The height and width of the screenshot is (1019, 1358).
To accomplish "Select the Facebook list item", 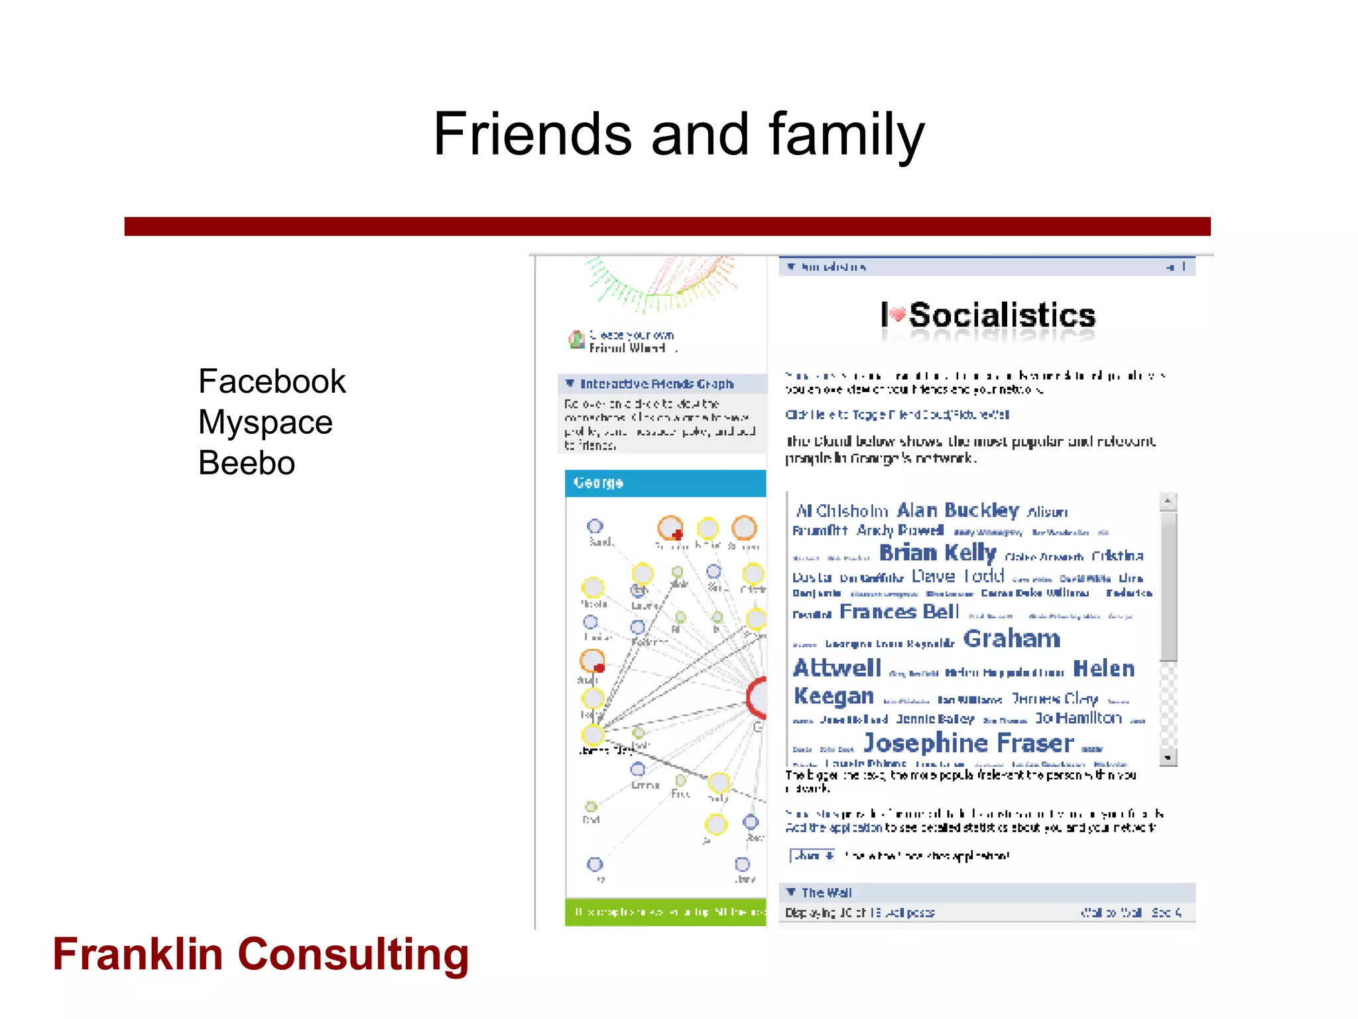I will point(272,381).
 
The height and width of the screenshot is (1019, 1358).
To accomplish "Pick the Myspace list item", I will point(265,423).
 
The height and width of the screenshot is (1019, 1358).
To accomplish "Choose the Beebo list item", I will point(247,463).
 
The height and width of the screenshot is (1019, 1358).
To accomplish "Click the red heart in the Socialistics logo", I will point(897,314).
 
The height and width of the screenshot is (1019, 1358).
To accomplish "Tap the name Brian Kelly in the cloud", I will point(937,553).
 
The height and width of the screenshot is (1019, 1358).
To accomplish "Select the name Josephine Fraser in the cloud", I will point(968,743).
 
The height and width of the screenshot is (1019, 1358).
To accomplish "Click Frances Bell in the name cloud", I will point(898,612).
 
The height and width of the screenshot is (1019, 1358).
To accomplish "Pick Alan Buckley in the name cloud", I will point(957,510).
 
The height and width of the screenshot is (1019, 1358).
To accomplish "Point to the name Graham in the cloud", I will point(1011,639).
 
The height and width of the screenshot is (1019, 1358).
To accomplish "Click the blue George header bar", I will point(664,483).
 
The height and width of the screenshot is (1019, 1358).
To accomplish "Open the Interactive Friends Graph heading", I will point(656,384).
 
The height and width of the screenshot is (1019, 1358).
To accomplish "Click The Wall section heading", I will point(826,892).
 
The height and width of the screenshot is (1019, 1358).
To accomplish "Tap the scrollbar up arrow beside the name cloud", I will point(1168,501).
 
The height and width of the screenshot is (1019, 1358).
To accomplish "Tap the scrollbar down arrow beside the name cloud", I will point(1168,757).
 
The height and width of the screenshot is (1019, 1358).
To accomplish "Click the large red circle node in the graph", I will point(757,697).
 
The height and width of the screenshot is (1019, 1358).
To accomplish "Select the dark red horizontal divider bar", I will point(667,226).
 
